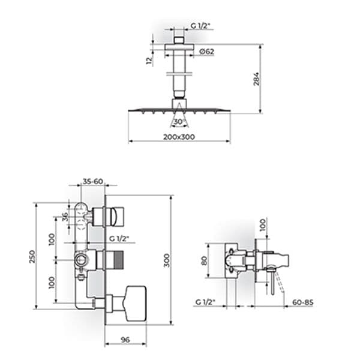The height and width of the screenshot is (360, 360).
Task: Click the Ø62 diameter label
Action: [206, 52]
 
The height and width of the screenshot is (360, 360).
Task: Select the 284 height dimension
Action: [256, 79]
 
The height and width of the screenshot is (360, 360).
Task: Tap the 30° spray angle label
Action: [179, 122]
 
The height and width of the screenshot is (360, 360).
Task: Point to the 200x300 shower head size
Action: [179, 137]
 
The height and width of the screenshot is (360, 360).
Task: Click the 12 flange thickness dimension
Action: [149, 60]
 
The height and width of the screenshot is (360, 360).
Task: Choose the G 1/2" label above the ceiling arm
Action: [200, 26]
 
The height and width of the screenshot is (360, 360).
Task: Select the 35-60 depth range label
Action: [93, 181]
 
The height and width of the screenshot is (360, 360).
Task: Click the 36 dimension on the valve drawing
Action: [65, 217]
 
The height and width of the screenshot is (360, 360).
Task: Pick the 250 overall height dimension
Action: [32, 256]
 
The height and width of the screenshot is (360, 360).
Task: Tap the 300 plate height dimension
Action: [167, 260]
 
